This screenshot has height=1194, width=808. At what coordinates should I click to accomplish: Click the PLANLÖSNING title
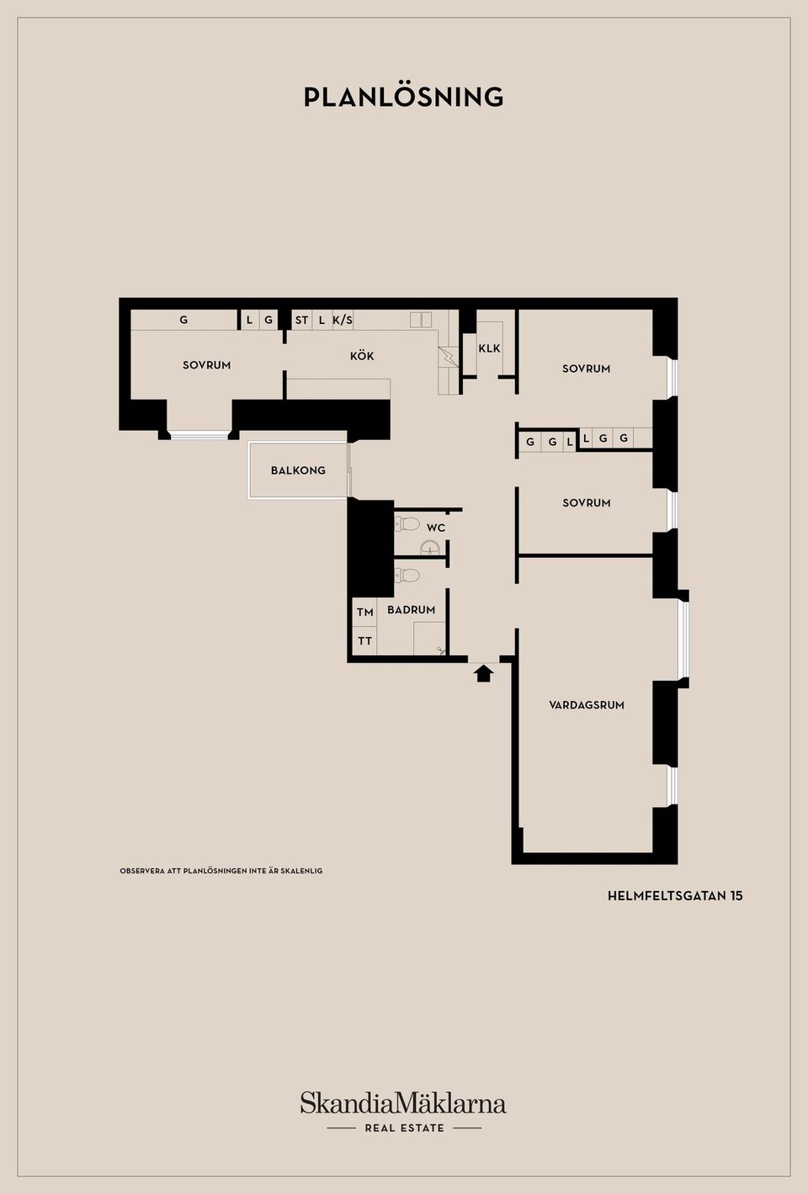403,97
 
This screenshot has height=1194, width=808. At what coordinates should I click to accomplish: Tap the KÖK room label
362,356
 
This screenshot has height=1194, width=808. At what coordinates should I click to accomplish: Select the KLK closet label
489,348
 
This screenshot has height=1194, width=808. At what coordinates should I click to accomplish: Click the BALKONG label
298,470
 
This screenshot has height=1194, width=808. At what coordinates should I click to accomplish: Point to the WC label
436,528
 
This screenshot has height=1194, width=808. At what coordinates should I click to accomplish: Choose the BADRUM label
412,609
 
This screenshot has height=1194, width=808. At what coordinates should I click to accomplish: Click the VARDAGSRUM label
587,705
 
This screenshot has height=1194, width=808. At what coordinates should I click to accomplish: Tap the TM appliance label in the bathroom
364,612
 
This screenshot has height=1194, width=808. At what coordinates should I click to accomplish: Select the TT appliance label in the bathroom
364,640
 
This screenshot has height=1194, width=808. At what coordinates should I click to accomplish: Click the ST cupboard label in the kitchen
301,320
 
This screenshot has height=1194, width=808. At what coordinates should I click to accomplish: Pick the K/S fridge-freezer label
343,320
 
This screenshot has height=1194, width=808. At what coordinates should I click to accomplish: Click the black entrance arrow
483,672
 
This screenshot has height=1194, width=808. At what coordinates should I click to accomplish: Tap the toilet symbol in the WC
407,524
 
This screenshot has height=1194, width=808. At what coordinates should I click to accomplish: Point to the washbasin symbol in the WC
429,549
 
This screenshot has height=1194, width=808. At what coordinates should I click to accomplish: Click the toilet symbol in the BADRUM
407,576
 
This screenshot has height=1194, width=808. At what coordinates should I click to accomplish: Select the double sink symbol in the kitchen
421,320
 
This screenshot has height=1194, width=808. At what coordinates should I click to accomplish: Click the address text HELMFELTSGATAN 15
675,896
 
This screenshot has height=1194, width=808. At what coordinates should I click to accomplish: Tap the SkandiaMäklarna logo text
403,1102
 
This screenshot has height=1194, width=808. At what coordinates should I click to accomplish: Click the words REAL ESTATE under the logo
404,1128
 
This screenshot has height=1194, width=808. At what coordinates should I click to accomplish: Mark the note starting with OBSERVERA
221,871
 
